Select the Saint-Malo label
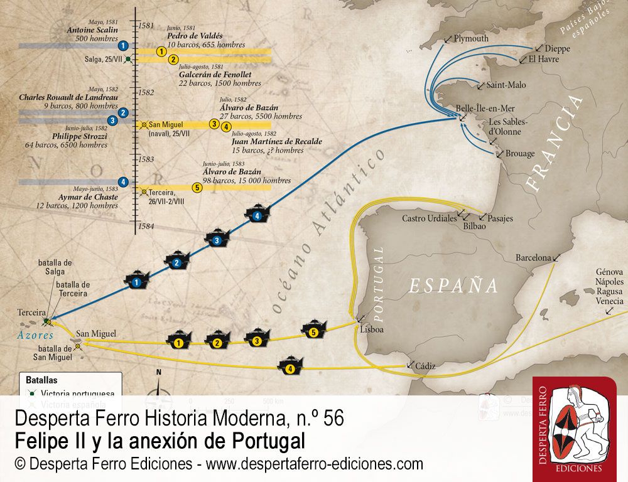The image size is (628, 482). coord(506,85)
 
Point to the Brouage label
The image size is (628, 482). coord(520,153)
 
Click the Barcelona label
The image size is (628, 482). coord(533,258)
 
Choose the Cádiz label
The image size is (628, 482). coord(425,365)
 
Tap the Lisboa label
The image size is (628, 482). coord(372,329)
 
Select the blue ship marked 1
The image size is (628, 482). coord(136,282)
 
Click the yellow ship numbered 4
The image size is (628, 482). coord(290,367)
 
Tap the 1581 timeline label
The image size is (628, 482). coord(145,26)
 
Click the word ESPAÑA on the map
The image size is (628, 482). coord(453,286)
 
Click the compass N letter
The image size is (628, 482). coord(159,372)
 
